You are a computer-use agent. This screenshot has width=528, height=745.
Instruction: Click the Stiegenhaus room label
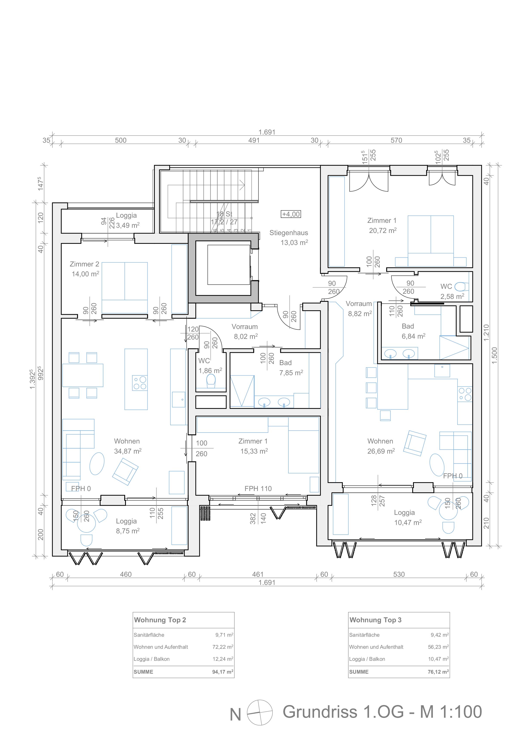[x=288, y=233]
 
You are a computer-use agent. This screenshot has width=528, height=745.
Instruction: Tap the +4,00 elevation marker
[x=291, y=214]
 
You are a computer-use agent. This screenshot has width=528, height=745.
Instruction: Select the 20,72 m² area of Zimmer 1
[x=383, y=230]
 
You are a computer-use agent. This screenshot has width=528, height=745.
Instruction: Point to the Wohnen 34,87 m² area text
[x=127, y=451]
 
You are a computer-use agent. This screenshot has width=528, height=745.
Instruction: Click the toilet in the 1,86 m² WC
[x=211, y=381]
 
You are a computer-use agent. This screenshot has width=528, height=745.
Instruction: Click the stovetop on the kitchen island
[x=140, y=383]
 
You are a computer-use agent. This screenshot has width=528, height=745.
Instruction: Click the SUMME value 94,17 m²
[x=223, y=672]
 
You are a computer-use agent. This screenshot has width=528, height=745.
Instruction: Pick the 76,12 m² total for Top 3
[x=438, y=672]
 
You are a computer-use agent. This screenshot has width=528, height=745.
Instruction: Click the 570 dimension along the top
[x=396, y=140]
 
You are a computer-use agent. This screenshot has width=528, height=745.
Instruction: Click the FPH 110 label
[x=258, y=489]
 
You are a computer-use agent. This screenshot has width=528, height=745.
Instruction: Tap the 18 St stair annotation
[x=224, y=214]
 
